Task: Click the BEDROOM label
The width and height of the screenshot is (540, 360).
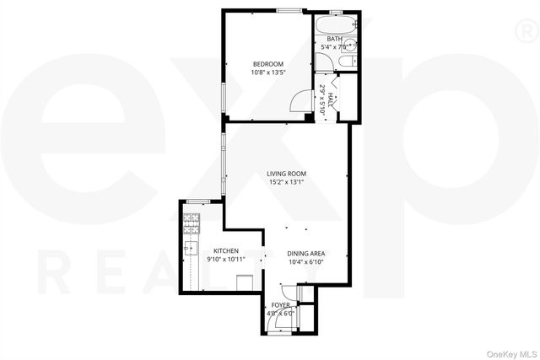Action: click(x=267, y=64)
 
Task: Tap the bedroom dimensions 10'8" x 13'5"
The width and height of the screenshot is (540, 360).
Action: click(x=267, y=73)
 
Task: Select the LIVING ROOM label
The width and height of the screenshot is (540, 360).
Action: click(x=286, y=173)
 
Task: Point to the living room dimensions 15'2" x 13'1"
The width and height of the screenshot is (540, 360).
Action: click(x=286, y=182)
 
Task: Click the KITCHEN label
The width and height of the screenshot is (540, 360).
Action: click(x=225, y=250)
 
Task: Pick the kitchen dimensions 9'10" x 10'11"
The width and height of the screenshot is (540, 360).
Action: click(x=225, y=260)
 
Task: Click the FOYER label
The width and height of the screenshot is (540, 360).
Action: click(x=281, y=305)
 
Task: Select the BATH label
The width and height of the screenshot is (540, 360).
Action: click(x=335, y=39)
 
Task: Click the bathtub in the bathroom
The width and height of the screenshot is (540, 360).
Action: click(x=334, y=23)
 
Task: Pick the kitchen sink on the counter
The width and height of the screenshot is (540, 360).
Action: click(x=190, y=249)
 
